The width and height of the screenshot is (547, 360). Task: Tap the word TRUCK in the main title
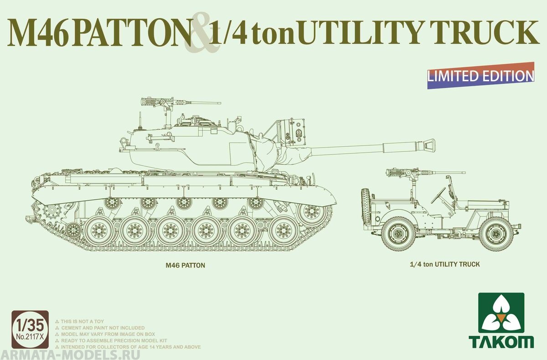coord(488,33)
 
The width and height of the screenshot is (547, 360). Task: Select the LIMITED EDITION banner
coord(481,76)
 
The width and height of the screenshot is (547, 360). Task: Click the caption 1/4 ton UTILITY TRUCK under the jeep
coord(441,264)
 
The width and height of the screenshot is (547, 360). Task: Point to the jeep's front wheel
coord(496,233)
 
